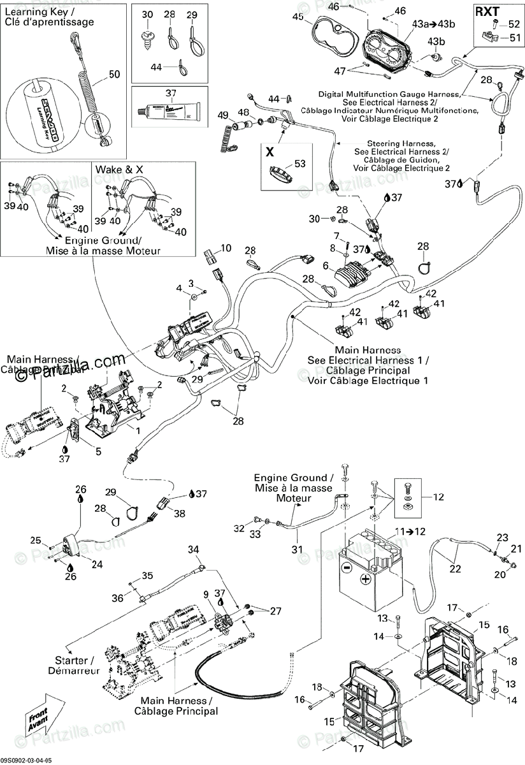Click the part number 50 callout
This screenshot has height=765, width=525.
tap(114, 75)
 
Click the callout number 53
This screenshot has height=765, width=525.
tap(299, 164)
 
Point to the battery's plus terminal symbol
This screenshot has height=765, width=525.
tap(366, 579)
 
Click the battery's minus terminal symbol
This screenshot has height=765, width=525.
tap(346, 567)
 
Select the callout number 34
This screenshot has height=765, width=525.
tap(193, 549)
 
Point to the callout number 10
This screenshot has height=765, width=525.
tap(226, 248)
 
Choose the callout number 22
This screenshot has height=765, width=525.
tap(456, 569)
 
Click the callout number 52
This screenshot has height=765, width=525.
tap(514, 25)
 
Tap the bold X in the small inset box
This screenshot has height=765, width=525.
tap(270, 152)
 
